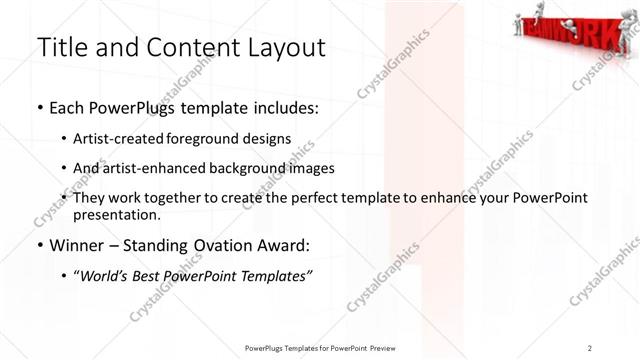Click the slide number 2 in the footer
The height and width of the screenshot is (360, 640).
(590, 347)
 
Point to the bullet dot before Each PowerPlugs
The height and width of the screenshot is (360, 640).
(38, 108)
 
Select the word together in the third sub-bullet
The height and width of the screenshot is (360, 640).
(188, 198)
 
